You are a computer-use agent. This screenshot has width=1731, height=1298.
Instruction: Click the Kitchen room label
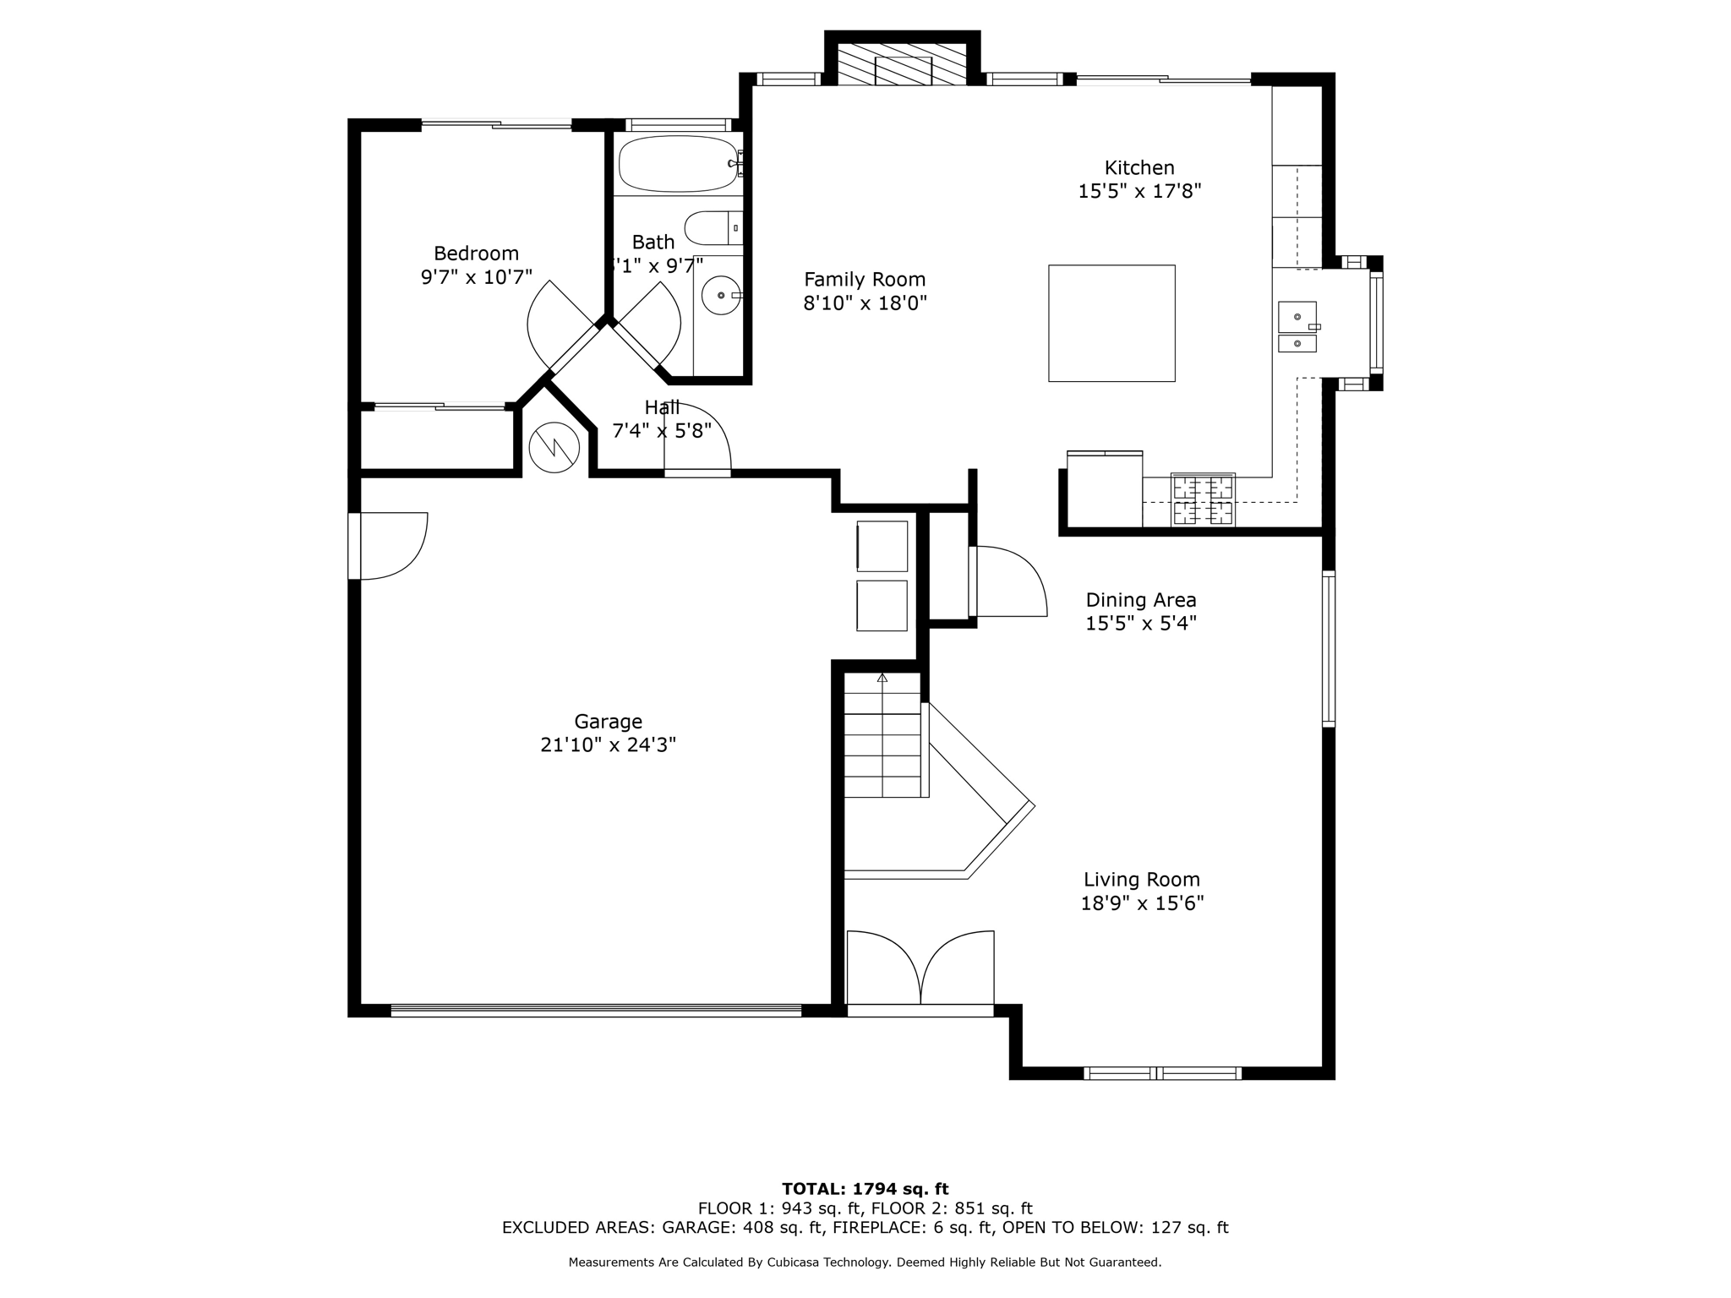1139,167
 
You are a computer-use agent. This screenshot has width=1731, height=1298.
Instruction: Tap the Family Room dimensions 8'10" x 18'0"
865,303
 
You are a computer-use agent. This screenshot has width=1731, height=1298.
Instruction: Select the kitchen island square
1111,323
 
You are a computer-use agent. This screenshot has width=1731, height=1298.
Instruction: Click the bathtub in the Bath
678,164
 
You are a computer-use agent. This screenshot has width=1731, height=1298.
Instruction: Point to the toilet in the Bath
712,227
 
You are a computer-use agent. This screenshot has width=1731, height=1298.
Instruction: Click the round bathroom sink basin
721,295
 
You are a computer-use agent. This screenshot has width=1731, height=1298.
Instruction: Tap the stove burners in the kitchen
1203,499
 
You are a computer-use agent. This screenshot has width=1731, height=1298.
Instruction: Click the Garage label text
608,722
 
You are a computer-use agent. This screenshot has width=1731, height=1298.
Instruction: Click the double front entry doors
920,969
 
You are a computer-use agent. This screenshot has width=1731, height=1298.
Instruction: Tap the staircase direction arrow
882,678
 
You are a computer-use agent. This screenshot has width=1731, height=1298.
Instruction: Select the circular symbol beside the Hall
554,447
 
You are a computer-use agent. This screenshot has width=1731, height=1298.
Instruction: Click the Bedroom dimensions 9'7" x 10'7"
476,277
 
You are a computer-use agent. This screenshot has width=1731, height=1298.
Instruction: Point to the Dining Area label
1141,600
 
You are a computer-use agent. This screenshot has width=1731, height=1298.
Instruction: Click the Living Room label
1142,880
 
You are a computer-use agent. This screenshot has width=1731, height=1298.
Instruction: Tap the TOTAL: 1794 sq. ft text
865,1189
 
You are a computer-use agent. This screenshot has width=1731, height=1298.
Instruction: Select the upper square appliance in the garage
882,546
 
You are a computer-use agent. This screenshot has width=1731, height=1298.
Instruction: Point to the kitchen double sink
1297,329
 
